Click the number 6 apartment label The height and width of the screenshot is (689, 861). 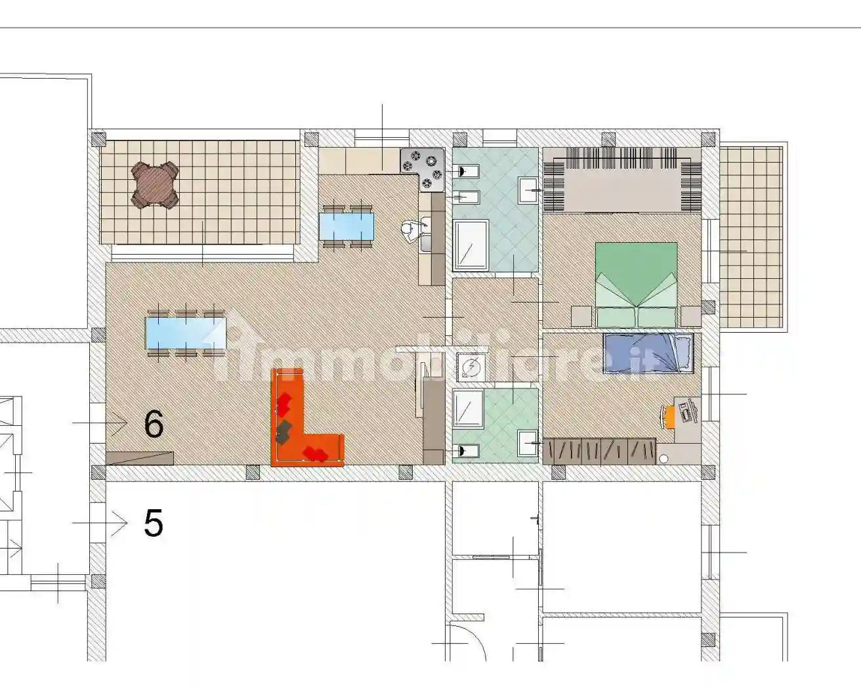pos(154,425)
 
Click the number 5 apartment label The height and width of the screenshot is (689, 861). pos(153,524)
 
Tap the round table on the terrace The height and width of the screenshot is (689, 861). pos(156,184)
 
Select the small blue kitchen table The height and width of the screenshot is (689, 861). pos(346,226)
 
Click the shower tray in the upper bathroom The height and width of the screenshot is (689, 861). pos(471,245)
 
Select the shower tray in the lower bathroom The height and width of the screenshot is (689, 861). pos(468,409)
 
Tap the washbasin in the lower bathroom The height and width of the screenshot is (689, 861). pos(527,444)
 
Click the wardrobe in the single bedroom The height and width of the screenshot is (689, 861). pos(599,451)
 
